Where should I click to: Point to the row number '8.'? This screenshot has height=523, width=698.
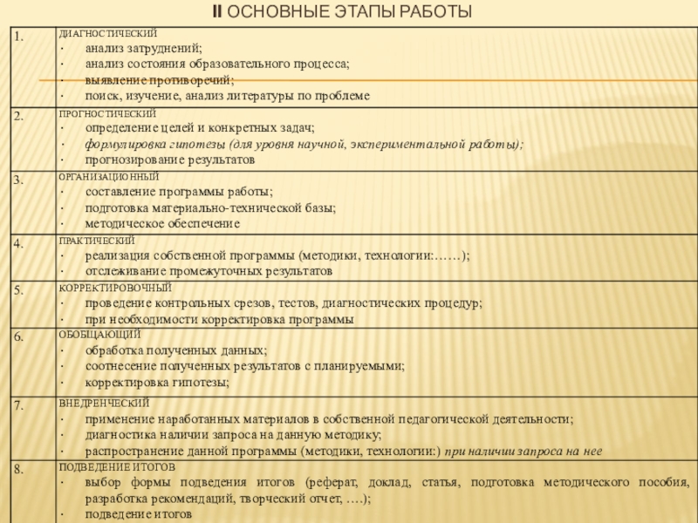click(x=17, y=470)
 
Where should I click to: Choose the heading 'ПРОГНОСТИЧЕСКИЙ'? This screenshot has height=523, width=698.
click(x=107, y=114)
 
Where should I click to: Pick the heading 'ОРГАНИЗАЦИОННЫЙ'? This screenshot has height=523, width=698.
click(x=108, y=177)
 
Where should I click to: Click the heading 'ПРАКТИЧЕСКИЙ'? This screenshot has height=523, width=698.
click(x=96, y=241)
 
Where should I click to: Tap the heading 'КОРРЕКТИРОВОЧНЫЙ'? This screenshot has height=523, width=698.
click(x=114, y=288)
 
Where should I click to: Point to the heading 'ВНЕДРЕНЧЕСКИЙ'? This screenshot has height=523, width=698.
click(x=103, y=403)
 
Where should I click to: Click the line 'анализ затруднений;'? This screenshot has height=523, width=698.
click(x=143, y=49)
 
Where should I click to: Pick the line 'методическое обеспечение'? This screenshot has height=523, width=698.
click(x=162, y=223)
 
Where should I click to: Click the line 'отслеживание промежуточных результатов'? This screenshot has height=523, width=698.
click(x=209, y=272)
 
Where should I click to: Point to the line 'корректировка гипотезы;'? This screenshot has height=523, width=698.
click(x=158, y=382)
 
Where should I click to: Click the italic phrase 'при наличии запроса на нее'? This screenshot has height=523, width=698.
click(x=523, y=451)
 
